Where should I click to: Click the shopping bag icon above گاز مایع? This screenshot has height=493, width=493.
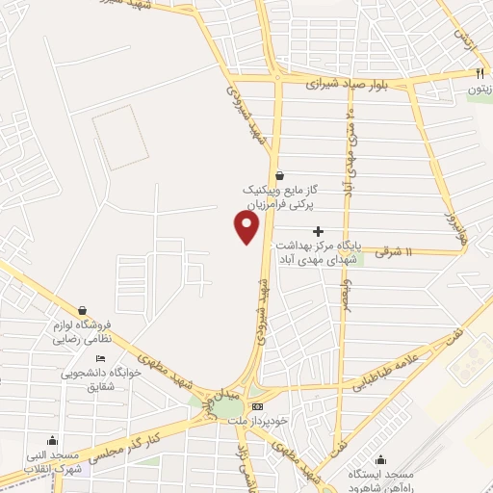[279, 175]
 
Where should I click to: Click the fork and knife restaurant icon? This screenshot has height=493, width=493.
[479, 73]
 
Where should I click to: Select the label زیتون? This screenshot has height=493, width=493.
[480, 90]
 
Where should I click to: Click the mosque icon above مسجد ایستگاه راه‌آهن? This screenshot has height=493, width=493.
[383, 458]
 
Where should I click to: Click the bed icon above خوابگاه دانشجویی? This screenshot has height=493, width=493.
[100, 359]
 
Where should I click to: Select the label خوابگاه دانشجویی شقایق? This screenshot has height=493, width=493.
[93, 379]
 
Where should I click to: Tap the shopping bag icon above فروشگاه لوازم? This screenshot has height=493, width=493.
[82, 310]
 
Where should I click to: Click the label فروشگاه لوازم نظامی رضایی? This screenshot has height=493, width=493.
[82, 333]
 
